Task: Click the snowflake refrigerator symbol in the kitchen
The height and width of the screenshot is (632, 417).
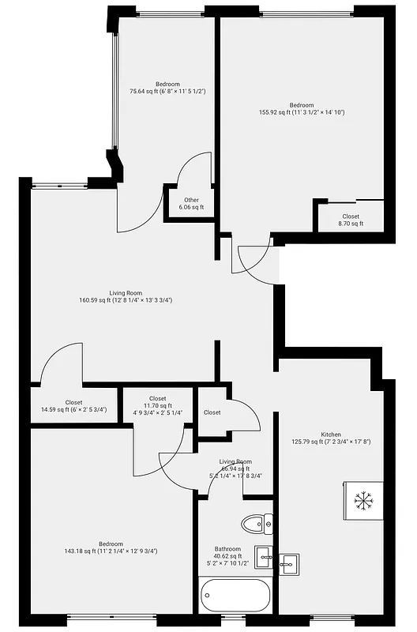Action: point(363,499)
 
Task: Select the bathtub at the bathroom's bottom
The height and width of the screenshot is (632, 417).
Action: point(235,595)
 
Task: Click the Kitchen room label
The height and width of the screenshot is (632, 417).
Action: point(331,434)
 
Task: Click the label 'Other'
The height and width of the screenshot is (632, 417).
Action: point(191,200)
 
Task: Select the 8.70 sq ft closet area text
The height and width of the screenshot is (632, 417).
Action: point(351,224)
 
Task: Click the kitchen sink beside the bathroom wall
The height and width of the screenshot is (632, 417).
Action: point(289,562)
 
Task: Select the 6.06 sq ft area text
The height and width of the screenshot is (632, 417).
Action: point(191,207)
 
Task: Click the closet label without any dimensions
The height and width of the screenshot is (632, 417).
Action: point(212,412)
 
